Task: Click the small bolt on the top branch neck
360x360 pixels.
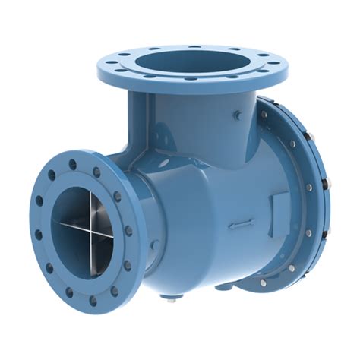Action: (237, 115)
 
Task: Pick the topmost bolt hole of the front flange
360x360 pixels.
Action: (77, 160)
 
